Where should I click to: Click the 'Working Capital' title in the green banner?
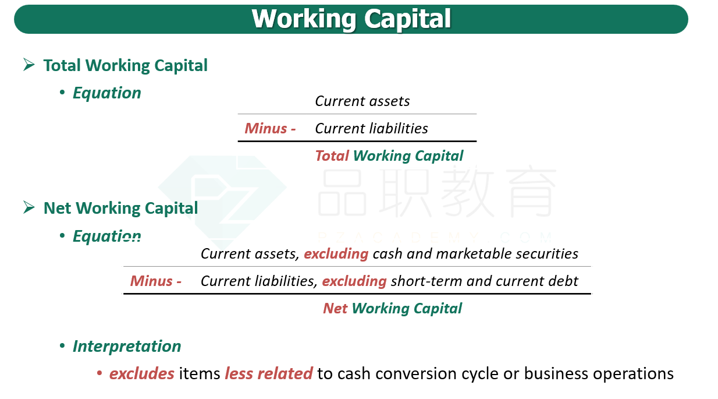[351, 19]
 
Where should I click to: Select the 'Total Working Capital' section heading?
[125, 65]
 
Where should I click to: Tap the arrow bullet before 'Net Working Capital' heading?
[29, 207]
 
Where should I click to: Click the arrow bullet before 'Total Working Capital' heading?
[29, 65]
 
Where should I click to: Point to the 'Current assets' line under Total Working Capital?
[362, 101]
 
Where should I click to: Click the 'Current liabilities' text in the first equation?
[371, 128]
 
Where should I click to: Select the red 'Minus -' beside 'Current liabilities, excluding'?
[156, 281]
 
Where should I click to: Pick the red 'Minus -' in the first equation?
[270, 128]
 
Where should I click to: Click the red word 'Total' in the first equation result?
[332, 156]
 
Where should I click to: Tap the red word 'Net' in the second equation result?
[335, 308]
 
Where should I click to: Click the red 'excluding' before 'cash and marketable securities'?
[336, 253]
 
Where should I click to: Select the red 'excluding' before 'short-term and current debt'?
[354, 281]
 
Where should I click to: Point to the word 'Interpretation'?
[127, 347]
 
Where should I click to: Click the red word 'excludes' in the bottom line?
[141, 373]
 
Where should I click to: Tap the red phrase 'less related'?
[269, 373]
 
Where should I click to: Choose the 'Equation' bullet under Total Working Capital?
[106, 93]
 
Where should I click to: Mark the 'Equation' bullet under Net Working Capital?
[106, 236]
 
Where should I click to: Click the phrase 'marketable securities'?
[507, 253]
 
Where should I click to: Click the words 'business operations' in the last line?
[599, 373]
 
